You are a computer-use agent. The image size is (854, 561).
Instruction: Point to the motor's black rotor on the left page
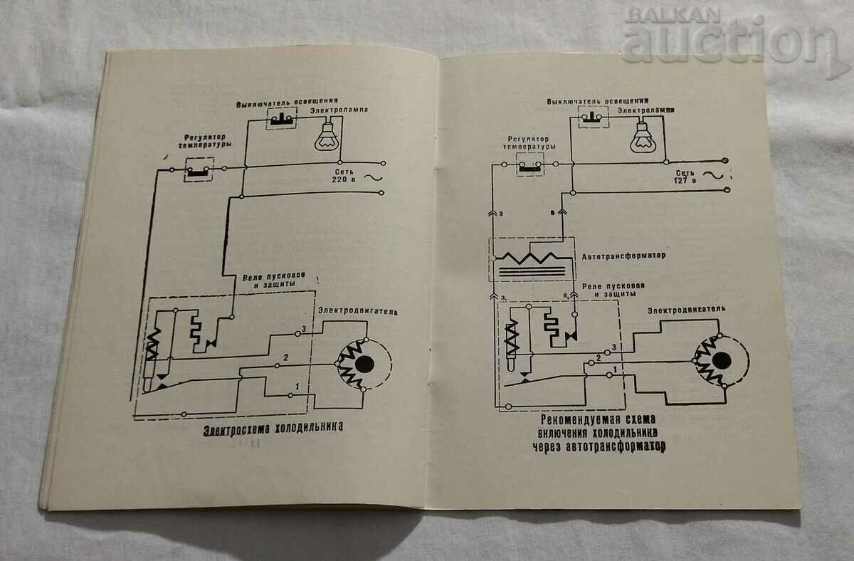pos(365,364)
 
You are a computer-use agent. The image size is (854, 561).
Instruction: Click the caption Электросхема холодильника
pos(273,427)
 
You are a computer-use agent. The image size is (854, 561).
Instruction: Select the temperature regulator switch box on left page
pos(199,169)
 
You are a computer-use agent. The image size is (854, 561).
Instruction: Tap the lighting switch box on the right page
pos(594,118)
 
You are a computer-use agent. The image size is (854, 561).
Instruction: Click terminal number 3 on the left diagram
pos(302,328)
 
